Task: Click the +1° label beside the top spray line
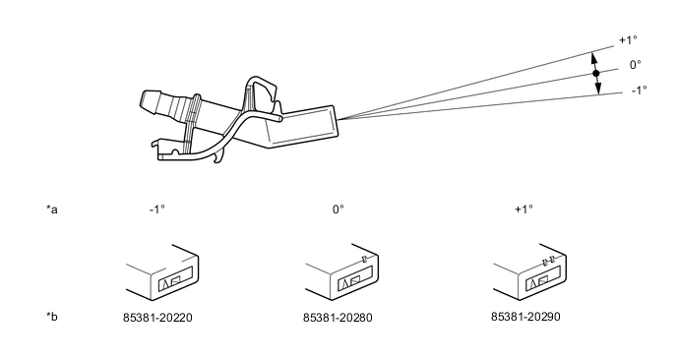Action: click(628, 40)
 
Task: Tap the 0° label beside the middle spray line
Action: click(635, 65)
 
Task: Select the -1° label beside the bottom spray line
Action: click(639, 90)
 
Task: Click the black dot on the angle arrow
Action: click(596, 74)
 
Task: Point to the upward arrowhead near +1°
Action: click(594, 58)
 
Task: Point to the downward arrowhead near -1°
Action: click(598, 89)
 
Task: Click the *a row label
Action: click(52, 210)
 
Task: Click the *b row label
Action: click(52, 317)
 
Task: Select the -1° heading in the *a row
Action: click(157, 210)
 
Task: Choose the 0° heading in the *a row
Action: click(338, 210)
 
